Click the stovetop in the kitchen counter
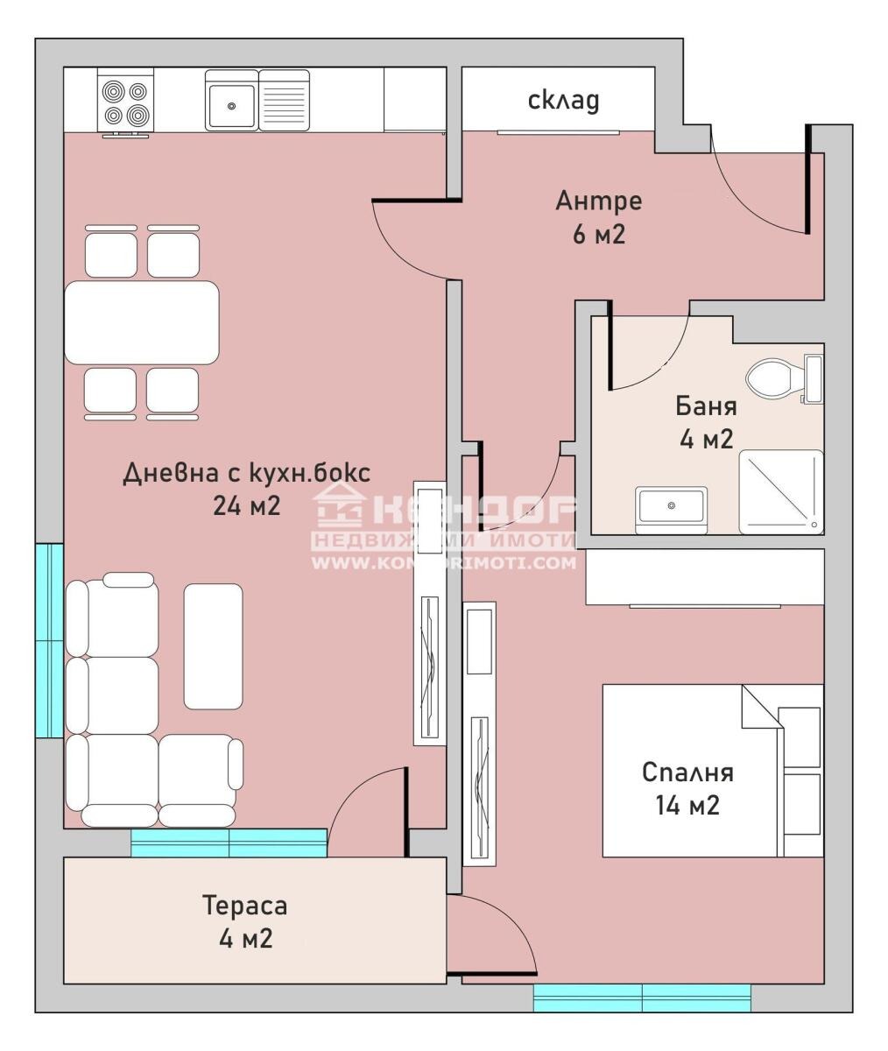(124, 102)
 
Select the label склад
(564, 100)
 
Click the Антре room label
(598, 201)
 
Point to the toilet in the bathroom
(772, 378)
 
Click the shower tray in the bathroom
(781, 491)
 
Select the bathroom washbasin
(671, 507)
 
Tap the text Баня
(705, 406)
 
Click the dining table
(142, 321)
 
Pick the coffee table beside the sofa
(213, 645)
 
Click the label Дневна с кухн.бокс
(246, 473)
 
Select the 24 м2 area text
(246, 505)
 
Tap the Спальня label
(687, 772)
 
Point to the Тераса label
(244, 906)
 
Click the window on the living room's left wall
(49, 640)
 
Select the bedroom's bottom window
(641, 998)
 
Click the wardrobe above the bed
(705, 576)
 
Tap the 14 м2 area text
(687, 805)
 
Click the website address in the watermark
(444, 562)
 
